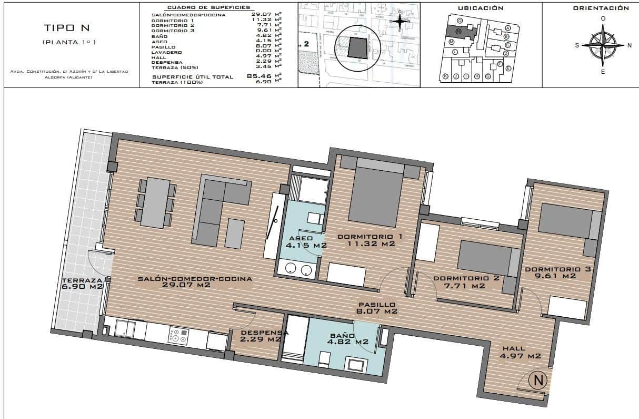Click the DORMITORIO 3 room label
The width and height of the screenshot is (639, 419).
coord(557,272)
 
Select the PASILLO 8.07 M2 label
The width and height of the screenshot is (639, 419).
coord(376,308)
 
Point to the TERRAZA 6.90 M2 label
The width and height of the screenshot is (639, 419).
coord(82,283)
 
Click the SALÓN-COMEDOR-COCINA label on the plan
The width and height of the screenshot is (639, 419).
coord(194,281)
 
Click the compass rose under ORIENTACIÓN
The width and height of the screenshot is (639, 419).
coord(603,45)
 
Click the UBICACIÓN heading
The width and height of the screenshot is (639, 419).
coord(481,8)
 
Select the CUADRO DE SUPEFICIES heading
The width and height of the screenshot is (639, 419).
coord(201,8)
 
